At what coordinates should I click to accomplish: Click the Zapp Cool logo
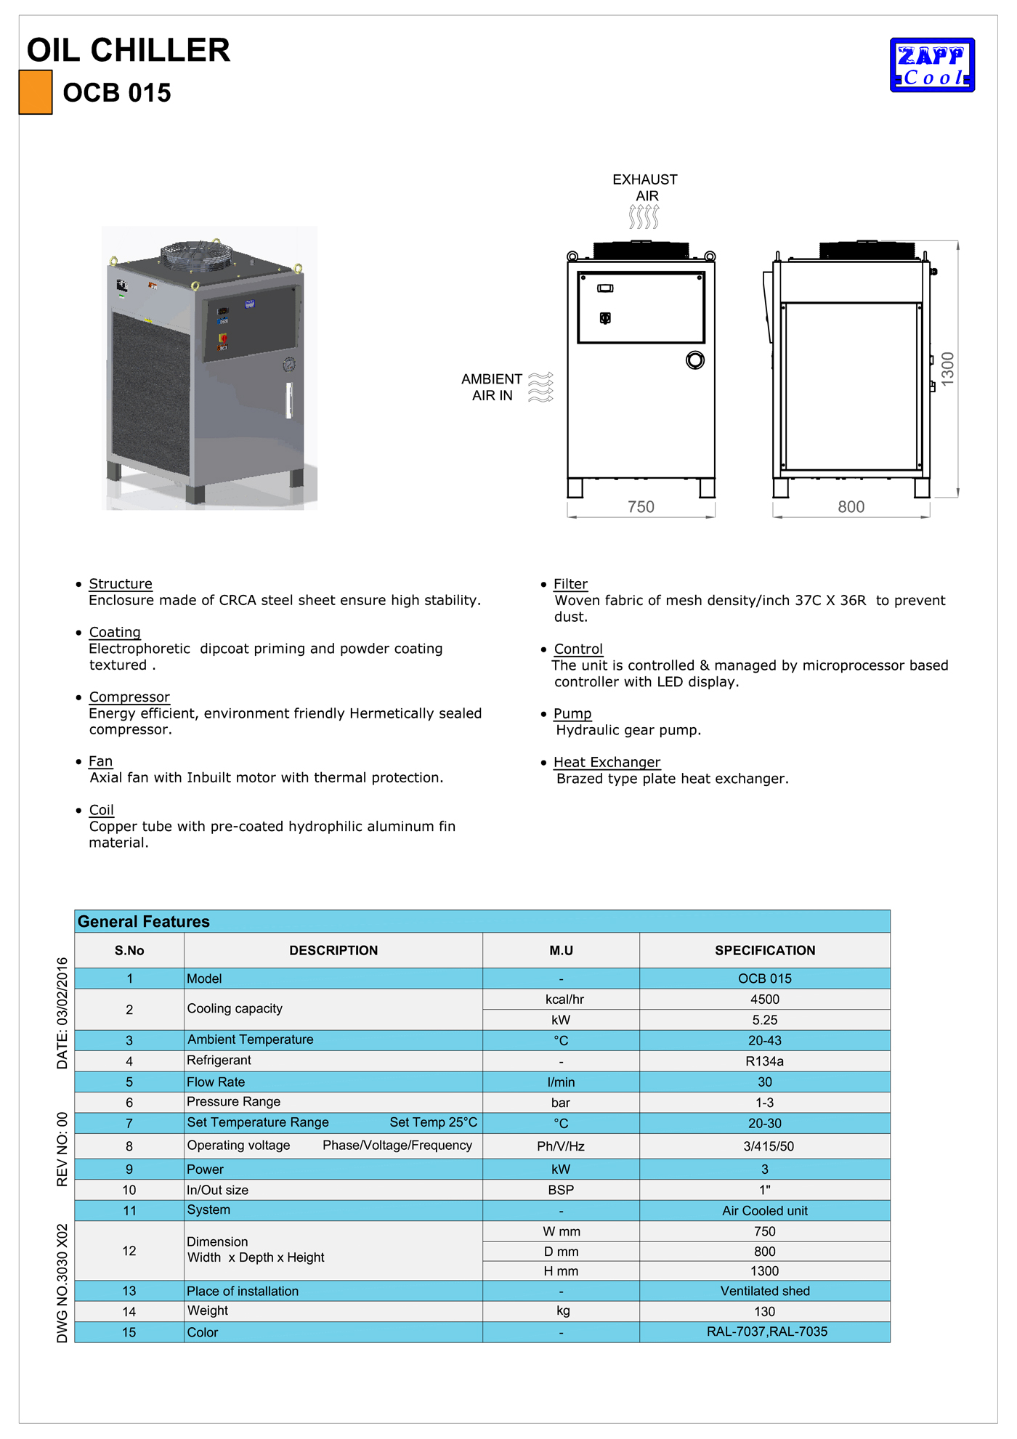(x=932, y=65)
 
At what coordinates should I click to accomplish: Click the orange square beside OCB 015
(x=36, y=92)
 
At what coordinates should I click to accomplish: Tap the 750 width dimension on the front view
(x=641, y=507)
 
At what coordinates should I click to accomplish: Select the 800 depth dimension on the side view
(x=851, y=507)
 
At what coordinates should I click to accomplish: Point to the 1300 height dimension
(x=947, y=368)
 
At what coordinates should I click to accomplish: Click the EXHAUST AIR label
(x=645, y=187)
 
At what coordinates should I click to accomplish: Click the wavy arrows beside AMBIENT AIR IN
(x=540, y=387)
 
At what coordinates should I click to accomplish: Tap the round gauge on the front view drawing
(x=694, y=360)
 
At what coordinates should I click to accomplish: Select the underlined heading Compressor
(x=129, y=697)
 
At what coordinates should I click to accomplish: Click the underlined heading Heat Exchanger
(x=607, y=762)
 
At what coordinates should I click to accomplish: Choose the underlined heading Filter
(x=570, y=584)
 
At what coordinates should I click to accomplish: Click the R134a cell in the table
(x=764, y=1061)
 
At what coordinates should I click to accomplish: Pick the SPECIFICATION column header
(x=764, y=950)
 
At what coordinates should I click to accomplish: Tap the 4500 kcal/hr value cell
(x=764, y=1000)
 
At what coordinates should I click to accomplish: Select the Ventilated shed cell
(x=764, y=1291)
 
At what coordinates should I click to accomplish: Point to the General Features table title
(x=144, y=922)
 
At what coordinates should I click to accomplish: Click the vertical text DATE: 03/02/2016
(x=62, y=1013)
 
